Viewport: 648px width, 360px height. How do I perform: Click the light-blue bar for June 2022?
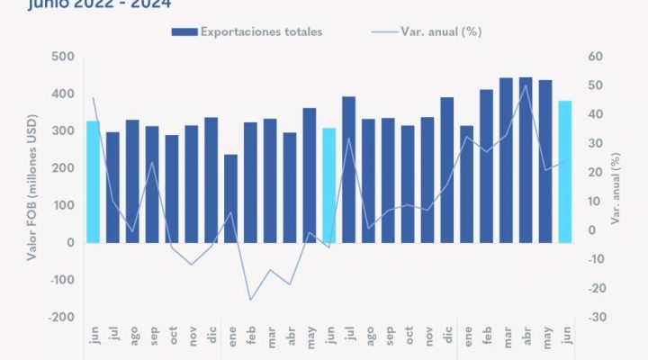93,181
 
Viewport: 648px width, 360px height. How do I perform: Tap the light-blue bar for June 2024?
565,171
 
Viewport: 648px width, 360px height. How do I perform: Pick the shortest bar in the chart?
231,198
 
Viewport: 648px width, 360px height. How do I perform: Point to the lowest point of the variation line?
250,300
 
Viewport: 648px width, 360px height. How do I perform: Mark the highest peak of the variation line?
526,86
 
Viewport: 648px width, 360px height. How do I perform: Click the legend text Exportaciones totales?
261,31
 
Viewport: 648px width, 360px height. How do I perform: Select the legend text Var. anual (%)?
440,31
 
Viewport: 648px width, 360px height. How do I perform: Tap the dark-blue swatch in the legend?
184,32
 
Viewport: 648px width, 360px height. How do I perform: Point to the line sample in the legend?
385,32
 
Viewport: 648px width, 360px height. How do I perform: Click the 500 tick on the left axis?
62,57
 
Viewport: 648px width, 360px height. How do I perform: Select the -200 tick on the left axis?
59,318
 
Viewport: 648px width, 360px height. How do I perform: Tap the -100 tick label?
59,280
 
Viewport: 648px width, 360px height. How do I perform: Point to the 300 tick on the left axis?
62,131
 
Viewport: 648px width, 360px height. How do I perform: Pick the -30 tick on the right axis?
595,318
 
